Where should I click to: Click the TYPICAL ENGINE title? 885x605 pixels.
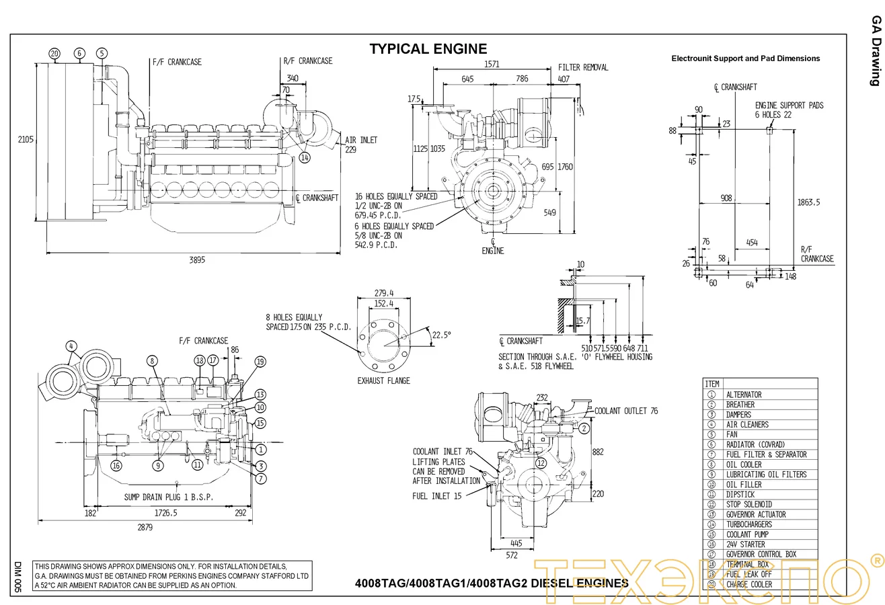point(428,48)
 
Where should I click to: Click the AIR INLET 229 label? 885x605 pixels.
point(360,145)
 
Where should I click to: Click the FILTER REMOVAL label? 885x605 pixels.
point(583,67)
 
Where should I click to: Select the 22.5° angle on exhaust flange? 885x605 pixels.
point(441,334)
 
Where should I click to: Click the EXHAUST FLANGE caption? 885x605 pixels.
point(383,380)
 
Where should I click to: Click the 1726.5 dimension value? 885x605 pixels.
point(165,513)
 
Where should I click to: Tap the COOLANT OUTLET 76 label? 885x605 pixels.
point(626,411)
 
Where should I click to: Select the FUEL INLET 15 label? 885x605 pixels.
point(436,496)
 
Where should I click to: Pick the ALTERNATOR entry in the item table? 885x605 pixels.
point(744,395)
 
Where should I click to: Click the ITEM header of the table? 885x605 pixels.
point(711,384)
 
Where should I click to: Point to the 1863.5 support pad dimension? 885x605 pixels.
point(808,202)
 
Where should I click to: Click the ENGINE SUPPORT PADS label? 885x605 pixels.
point(789,106)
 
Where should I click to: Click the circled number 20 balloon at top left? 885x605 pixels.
point(54,53)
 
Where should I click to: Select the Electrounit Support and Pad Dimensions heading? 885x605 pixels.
point(745,58)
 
